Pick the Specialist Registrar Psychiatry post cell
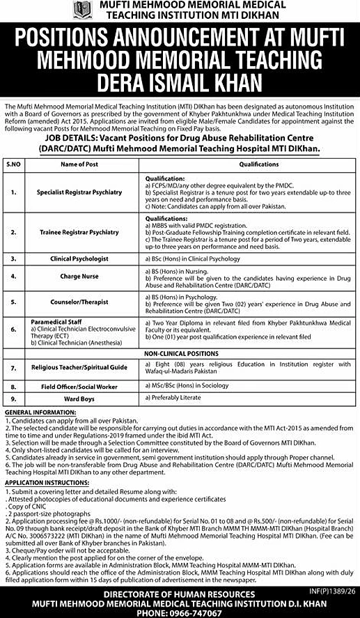coord(79,192)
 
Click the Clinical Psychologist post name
coord(79,258)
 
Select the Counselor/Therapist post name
coord(79,303)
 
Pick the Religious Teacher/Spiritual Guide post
coord(79,366)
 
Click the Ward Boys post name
coord(79,399)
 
